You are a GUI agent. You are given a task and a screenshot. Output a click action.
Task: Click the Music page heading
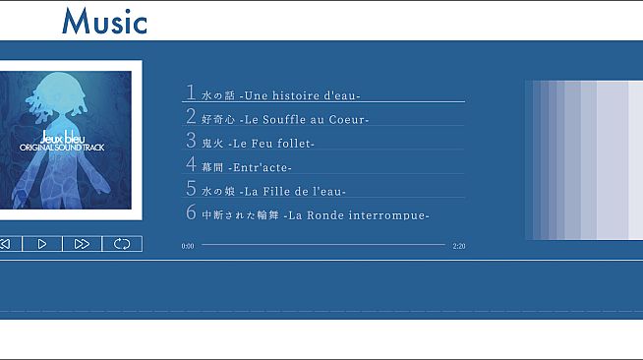104,21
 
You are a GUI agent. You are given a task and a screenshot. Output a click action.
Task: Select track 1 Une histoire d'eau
281,95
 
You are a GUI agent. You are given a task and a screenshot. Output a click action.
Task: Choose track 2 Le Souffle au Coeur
285,120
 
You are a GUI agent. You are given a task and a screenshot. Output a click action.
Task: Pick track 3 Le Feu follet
258,144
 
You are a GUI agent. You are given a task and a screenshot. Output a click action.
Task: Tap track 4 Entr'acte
247,167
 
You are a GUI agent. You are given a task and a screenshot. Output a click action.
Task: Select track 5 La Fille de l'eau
273,191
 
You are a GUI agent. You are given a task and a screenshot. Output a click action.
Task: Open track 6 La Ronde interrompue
315,214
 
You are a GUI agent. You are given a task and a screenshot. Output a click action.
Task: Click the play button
42,244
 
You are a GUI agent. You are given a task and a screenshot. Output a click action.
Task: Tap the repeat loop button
122,244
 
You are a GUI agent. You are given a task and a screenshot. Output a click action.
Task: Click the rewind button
5,244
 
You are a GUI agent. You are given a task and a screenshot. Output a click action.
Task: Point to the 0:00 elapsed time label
188,246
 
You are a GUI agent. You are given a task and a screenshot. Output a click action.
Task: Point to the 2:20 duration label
458,246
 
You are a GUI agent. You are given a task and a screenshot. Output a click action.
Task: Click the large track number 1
191,92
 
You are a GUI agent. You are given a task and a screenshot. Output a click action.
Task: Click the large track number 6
191,212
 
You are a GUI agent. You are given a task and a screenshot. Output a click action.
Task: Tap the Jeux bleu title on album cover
61,138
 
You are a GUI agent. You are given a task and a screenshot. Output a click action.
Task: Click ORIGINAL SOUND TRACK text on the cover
61,148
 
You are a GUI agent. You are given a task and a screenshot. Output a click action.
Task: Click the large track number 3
191,141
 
